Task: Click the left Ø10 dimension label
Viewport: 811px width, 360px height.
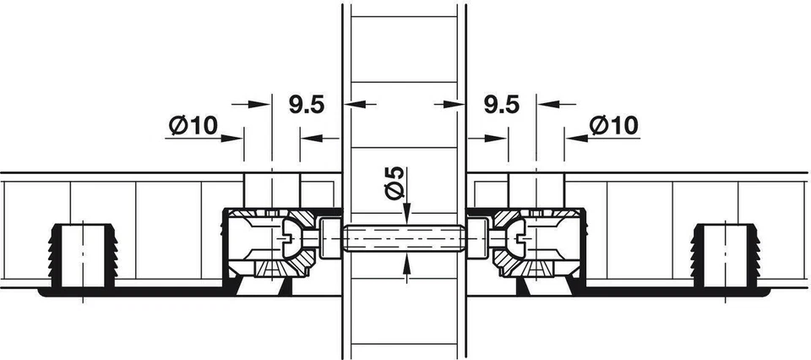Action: coord(193,126)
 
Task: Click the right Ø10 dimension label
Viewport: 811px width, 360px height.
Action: coord(614,126)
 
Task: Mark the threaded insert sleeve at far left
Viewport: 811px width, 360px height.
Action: coord(83,254)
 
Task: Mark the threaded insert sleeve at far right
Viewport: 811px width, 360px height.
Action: coord(726,254)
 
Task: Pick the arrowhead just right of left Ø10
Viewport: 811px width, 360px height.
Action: coord(237,139)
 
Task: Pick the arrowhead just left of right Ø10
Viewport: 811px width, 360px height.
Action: coord(571,139)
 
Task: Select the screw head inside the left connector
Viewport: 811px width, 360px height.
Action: coord(292,238)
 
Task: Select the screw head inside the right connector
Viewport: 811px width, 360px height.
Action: coord(517,238)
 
